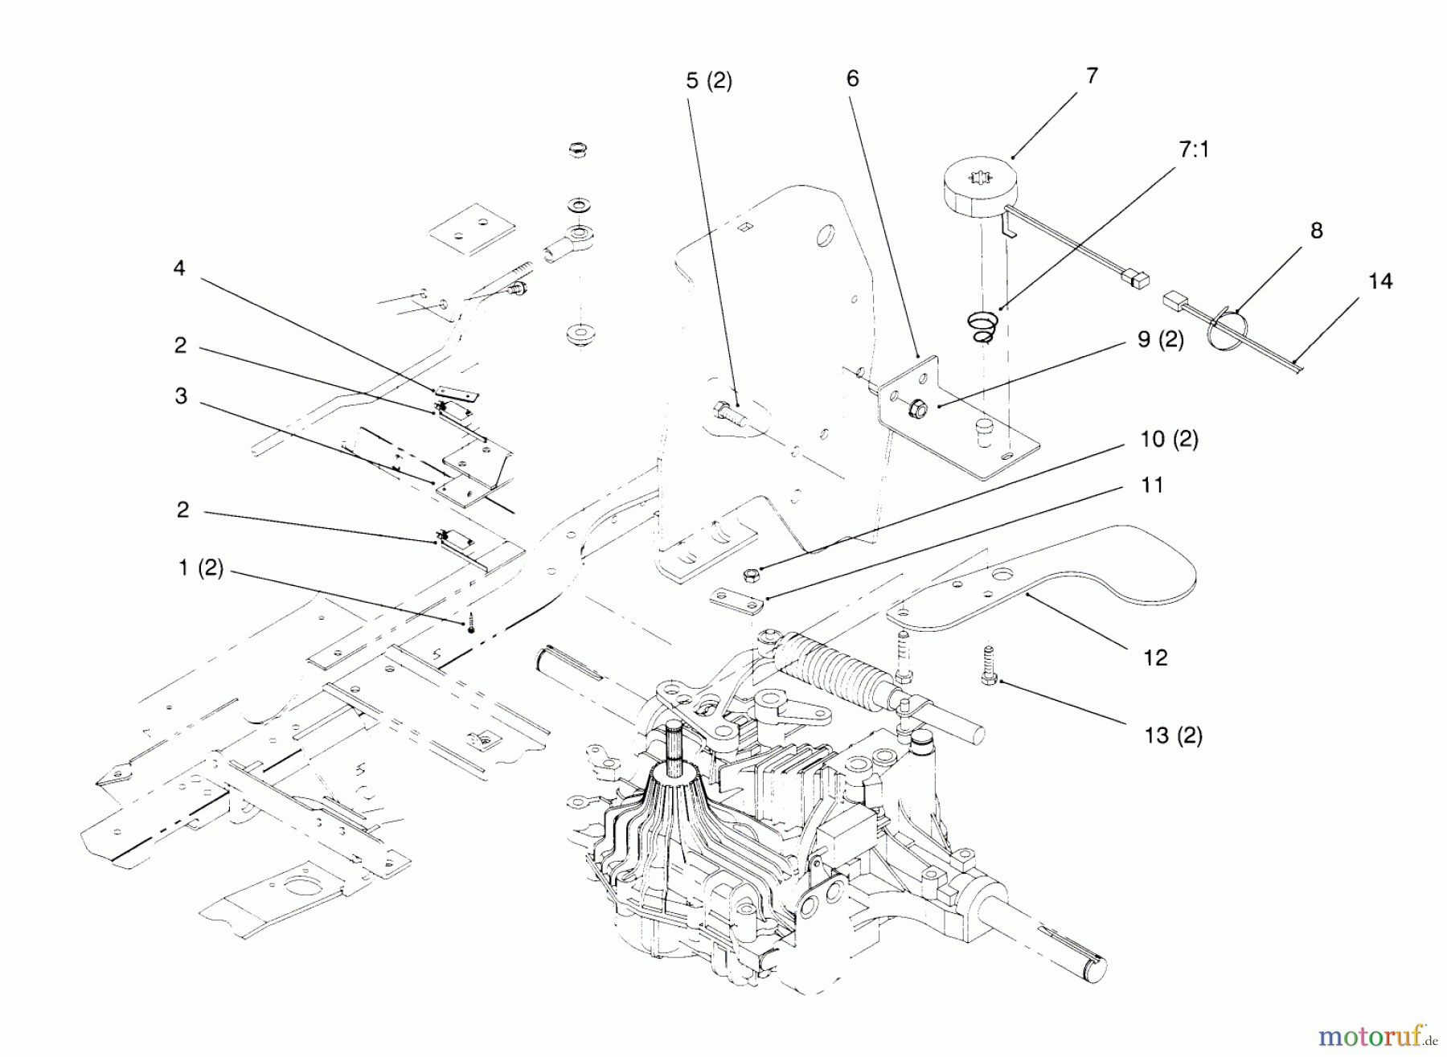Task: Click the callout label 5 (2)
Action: (708, 80)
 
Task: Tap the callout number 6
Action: (852, 78)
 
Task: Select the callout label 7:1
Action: (1194, 150)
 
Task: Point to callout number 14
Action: (1380, 281)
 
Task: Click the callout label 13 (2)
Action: (1173, 735)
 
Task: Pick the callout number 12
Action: (1155, 658)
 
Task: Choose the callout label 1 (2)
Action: (200, 568)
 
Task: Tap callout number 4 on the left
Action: (179, 268)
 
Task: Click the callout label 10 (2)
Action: (1169, 440)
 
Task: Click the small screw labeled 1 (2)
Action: (471, 624)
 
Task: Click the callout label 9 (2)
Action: (1161, 340)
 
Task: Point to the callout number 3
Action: (181, 395)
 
